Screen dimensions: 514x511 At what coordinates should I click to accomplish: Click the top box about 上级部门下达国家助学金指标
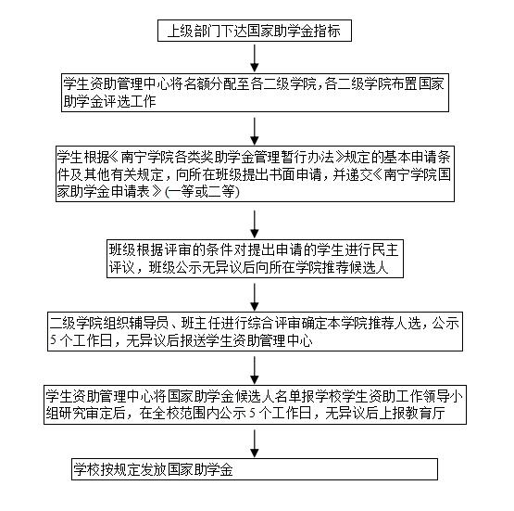click(x=255, y=31)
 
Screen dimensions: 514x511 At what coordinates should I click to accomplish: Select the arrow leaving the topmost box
click(x=255, y=58)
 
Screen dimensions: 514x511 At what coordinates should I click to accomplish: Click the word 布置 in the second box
click(x=403, y=84)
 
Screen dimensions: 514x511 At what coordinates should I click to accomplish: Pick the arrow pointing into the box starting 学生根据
click(x=255, y=132)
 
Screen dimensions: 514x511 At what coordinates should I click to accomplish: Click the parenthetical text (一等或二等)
click(x=202, y=192)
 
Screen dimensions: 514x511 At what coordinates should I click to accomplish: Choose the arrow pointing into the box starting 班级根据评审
click(x=255, y=224)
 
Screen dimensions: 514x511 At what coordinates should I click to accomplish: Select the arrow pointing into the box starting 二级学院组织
click(x=255, y=297)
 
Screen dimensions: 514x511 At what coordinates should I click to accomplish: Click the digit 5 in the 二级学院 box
click(x=53, y=340)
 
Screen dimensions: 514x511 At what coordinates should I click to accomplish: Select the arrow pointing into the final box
click(x=255, y=443)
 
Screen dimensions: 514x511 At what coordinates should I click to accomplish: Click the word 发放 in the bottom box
click(x=154, y=469)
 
